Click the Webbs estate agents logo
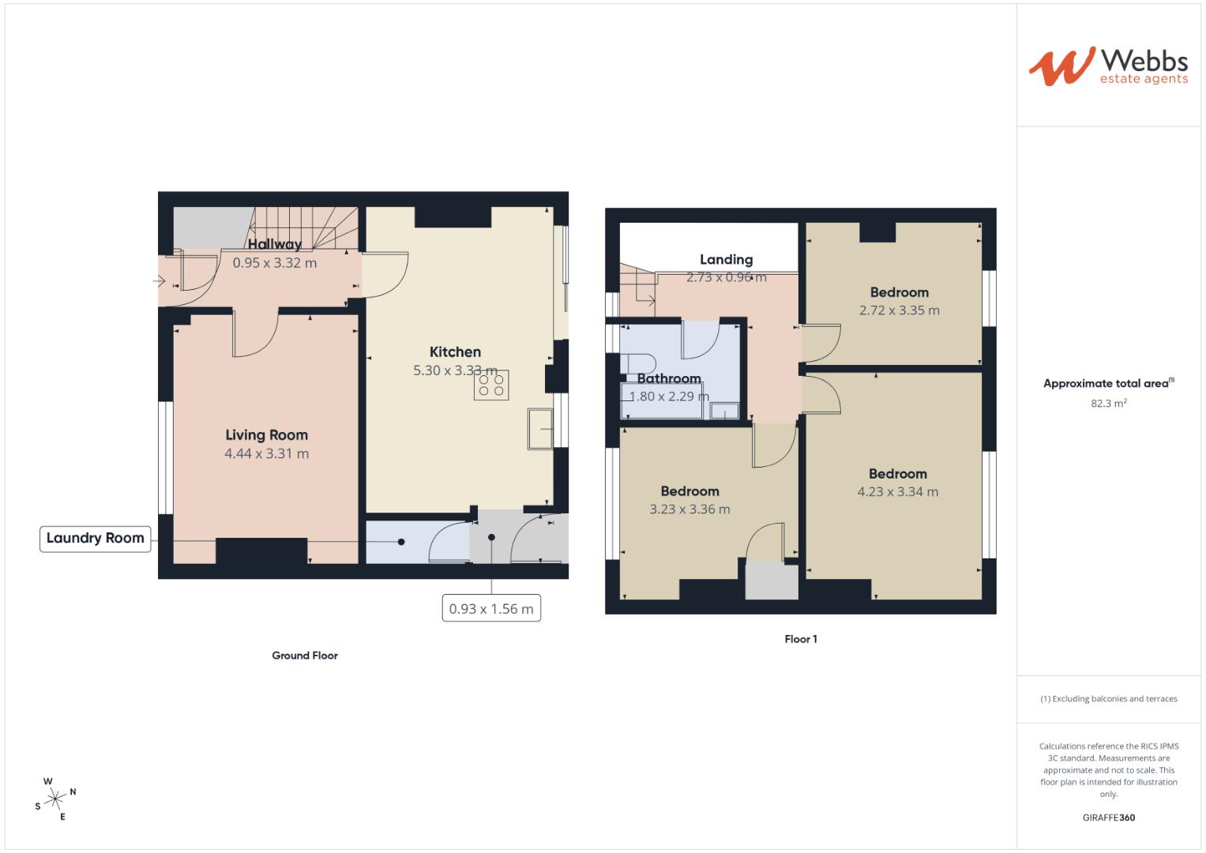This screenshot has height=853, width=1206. (1108, 66)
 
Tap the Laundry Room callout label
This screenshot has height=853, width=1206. (95, 539)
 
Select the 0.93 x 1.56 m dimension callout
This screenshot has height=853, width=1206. (491, 609)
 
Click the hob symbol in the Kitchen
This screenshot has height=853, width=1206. (491, 385)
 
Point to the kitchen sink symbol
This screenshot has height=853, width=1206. (541, 429)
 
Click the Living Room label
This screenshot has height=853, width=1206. (266, 435)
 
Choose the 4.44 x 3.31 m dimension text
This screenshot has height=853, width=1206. (266, 453)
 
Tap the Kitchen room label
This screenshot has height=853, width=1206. (455, 352)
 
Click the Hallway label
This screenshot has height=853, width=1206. (275, 245)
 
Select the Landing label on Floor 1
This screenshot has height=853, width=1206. (726, 260)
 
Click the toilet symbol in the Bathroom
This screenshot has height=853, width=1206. (637, 363)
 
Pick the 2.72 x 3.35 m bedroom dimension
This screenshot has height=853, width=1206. (900, 310)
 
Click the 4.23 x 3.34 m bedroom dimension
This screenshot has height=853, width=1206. (898, 491)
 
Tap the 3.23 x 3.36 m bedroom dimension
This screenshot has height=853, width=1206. (689, 509)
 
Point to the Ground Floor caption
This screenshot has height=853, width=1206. (305, 656)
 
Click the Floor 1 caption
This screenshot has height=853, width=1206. (801, 639)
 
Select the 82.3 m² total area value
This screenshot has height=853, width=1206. (1109, 403)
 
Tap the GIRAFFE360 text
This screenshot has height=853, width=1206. (1109, 817)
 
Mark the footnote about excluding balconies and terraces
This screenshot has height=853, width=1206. (1109, 699)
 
